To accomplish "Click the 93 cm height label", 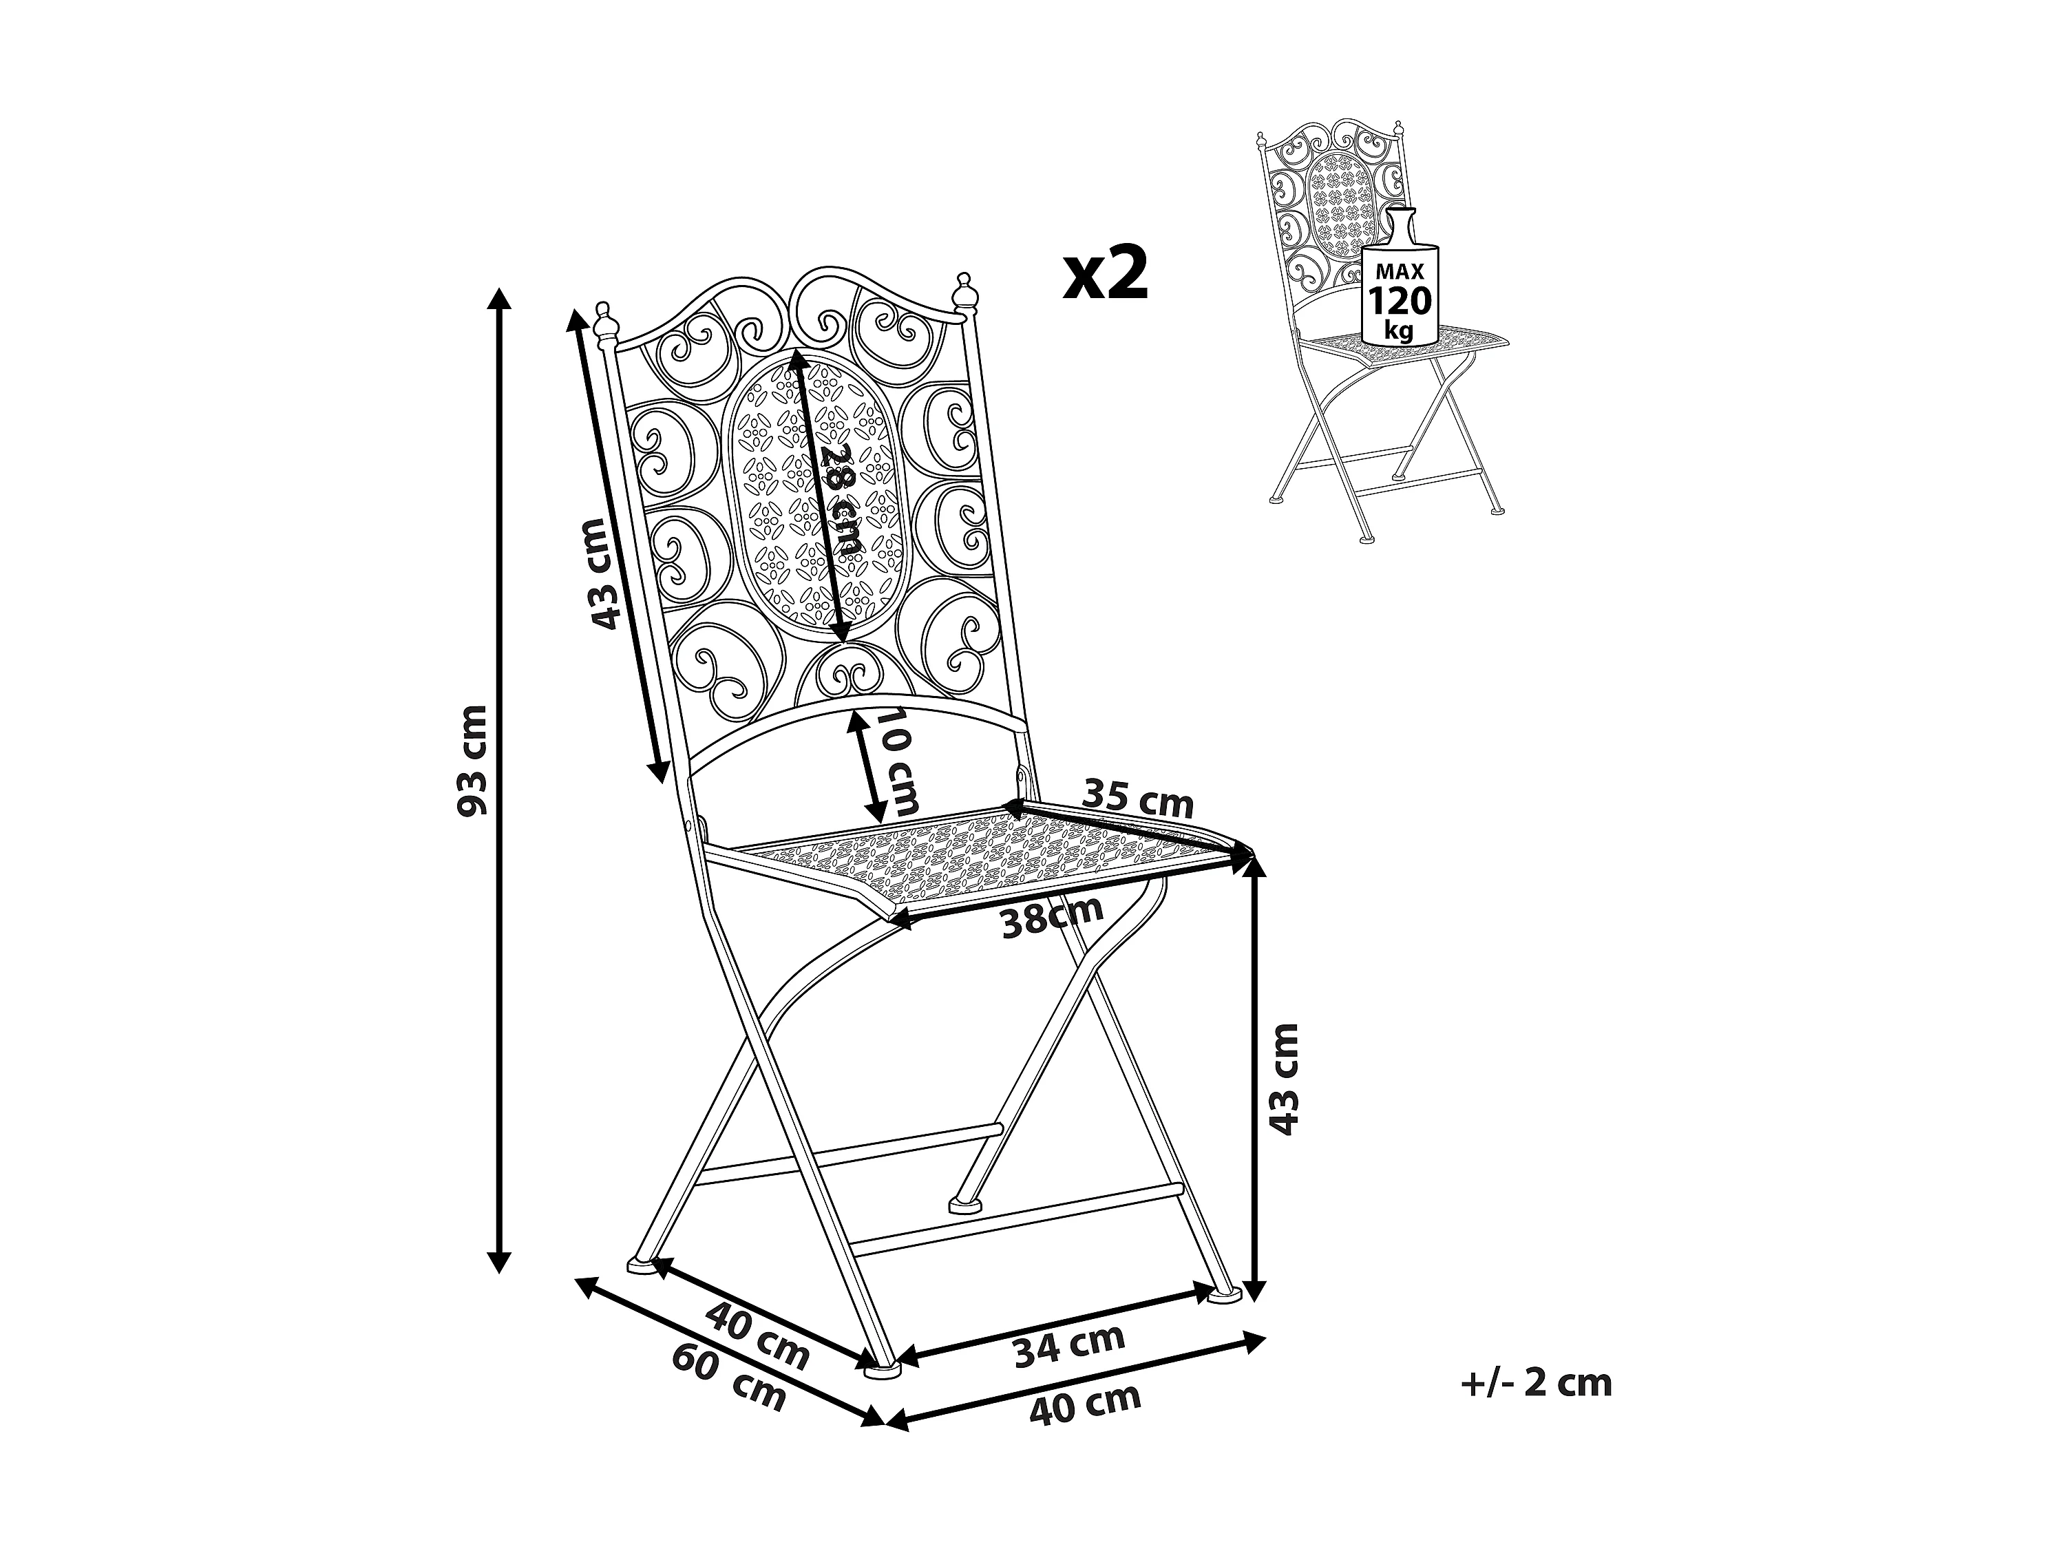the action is pyautogui.click(x=475, y=761).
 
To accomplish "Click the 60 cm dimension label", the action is pyautogui.click(x=728, y=1384).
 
